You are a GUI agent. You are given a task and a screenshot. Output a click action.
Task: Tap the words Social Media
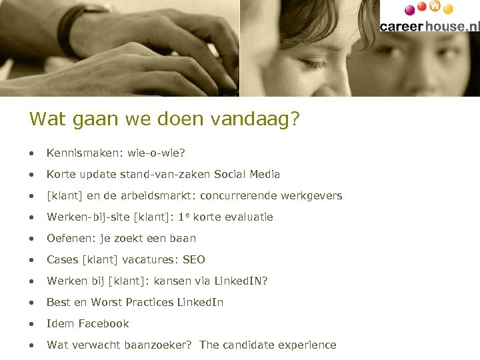[x=247, y=175]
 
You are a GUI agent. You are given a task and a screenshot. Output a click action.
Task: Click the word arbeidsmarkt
[x=159, y=196]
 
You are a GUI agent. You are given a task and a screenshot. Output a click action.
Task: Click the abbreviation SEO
[x=193, y=260]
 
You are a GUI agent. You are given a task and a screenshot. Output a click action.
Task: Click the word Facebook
[x=103, y=324]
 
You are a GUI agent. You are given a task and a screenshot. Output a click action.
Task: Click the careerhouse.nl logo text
[x=429, y=25]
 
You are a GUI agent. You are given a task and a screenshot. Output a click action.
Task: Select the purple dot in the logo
[x=409, y=9]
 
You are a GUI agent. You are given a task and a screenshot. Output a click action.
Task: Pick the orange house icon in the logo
[x=435, y=6]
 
